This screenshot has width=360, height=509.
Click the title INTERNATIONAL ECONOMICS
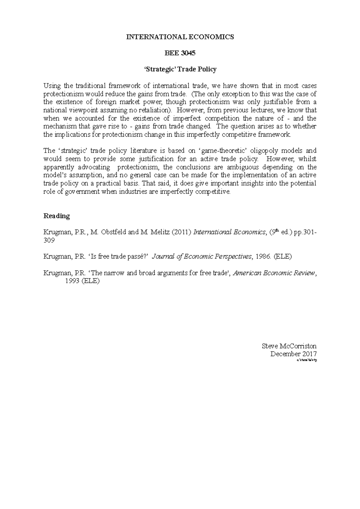(180, 37)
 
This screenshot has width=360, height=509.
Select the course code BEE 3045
(180, 53)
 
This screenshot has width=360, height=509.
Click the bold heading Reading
(57, 216)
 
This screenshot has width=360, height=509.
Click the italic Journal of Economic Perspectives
(202, 257)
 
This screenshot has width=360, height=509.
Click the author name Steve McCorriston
(289, 346)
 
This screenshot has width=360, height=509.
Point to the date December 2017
(293, 354)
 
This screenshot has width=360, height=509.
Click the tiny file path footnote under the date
(306, 360)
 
